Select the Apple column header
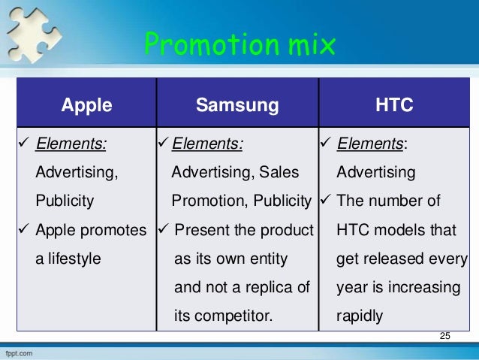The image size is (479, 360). (86, 105)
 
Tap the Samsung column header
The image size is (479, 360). (237, 105)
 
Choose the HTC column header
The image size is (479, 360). (394, 105)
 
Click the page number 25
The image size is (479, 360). (445, 334)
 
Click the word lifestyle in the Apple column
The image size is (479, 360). (80, 259)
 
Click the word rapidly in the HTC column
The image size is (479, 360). (360, 316)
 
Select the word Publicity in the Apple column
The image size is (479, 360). (65, 201)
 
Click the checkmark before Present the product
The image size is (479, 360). (164, 230)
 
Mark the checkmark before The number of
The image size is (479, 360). (325, 201)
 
